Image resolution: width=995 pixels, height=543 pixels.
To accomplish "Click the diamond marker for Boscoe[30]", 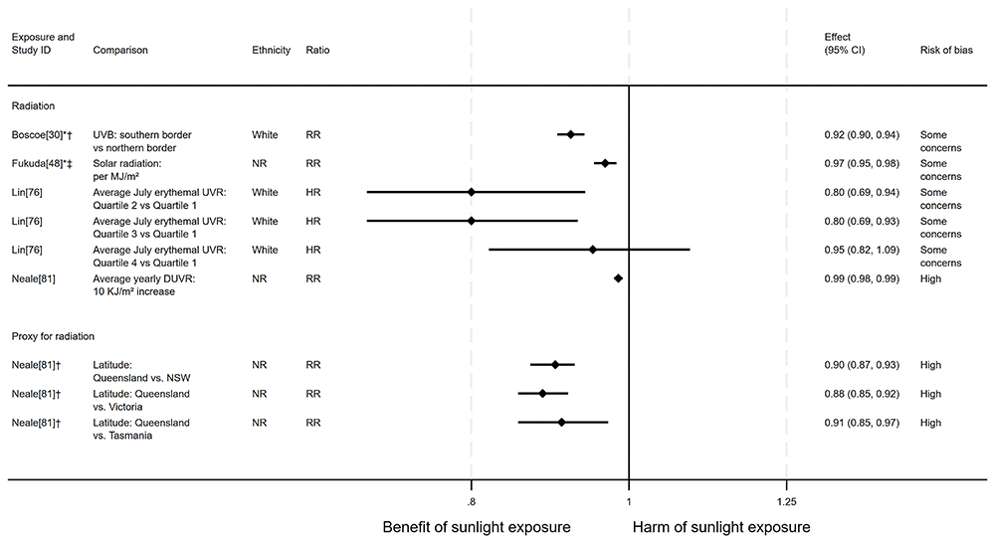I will pyautogui.click(x=570, y=134).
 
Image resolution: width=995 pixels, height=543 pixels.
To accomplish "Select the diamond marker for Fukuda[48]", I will pyautogui.click(x=604, y=163).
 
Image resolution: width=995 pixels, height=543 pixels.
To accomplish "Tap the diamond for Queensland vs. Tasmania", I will pyautogui.click(x=561, y=423).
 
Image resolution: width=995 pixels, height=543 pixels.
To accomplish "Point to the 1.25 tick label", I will pyautogui.click(x=786, y=500).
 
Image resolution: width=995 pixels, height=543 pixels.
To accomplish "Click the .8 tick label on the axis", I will pyautogui.click(x=471, y=500).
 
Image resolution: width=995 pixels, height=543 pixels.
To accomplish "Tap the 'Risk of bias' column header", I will pyautogui.click(x=944, y=50).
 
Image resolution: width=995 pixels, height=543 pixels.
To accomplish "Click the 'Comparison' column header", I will pyautogui.click(x=120, y=50).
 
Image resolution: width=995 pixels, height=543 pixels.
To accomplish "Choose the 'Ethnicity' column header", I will pyautogui.click(x=272, y=50).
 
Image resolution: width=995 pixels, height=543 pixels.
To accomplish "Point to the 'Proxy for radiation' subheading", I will pyautogui.click(x=53, y=336).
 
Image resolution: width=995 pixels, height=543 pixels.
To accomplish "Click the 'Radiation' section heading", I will pyautogui.click(x=33, y=105).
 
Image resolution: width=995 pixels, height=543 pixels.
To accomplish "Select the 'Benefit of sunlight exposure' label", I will pyautogui.click(x=477, y=526).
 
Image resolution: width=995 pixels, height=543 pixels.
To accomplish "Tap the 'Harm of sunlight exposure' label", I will pyautogui.click(x=721, y=526).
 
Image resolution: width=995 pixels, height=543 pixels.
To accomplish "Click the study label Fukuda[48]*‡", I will pyautogui.click(x=42, y=163).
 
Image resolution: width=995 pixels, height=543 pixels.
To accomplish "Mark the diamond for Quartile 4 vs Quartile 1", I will pyautogui.click(x=592, y=250).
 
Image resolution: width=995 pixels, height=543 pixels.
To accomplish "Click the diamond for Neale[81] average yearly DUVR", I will pyautogui.click(x=618, y=278).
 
